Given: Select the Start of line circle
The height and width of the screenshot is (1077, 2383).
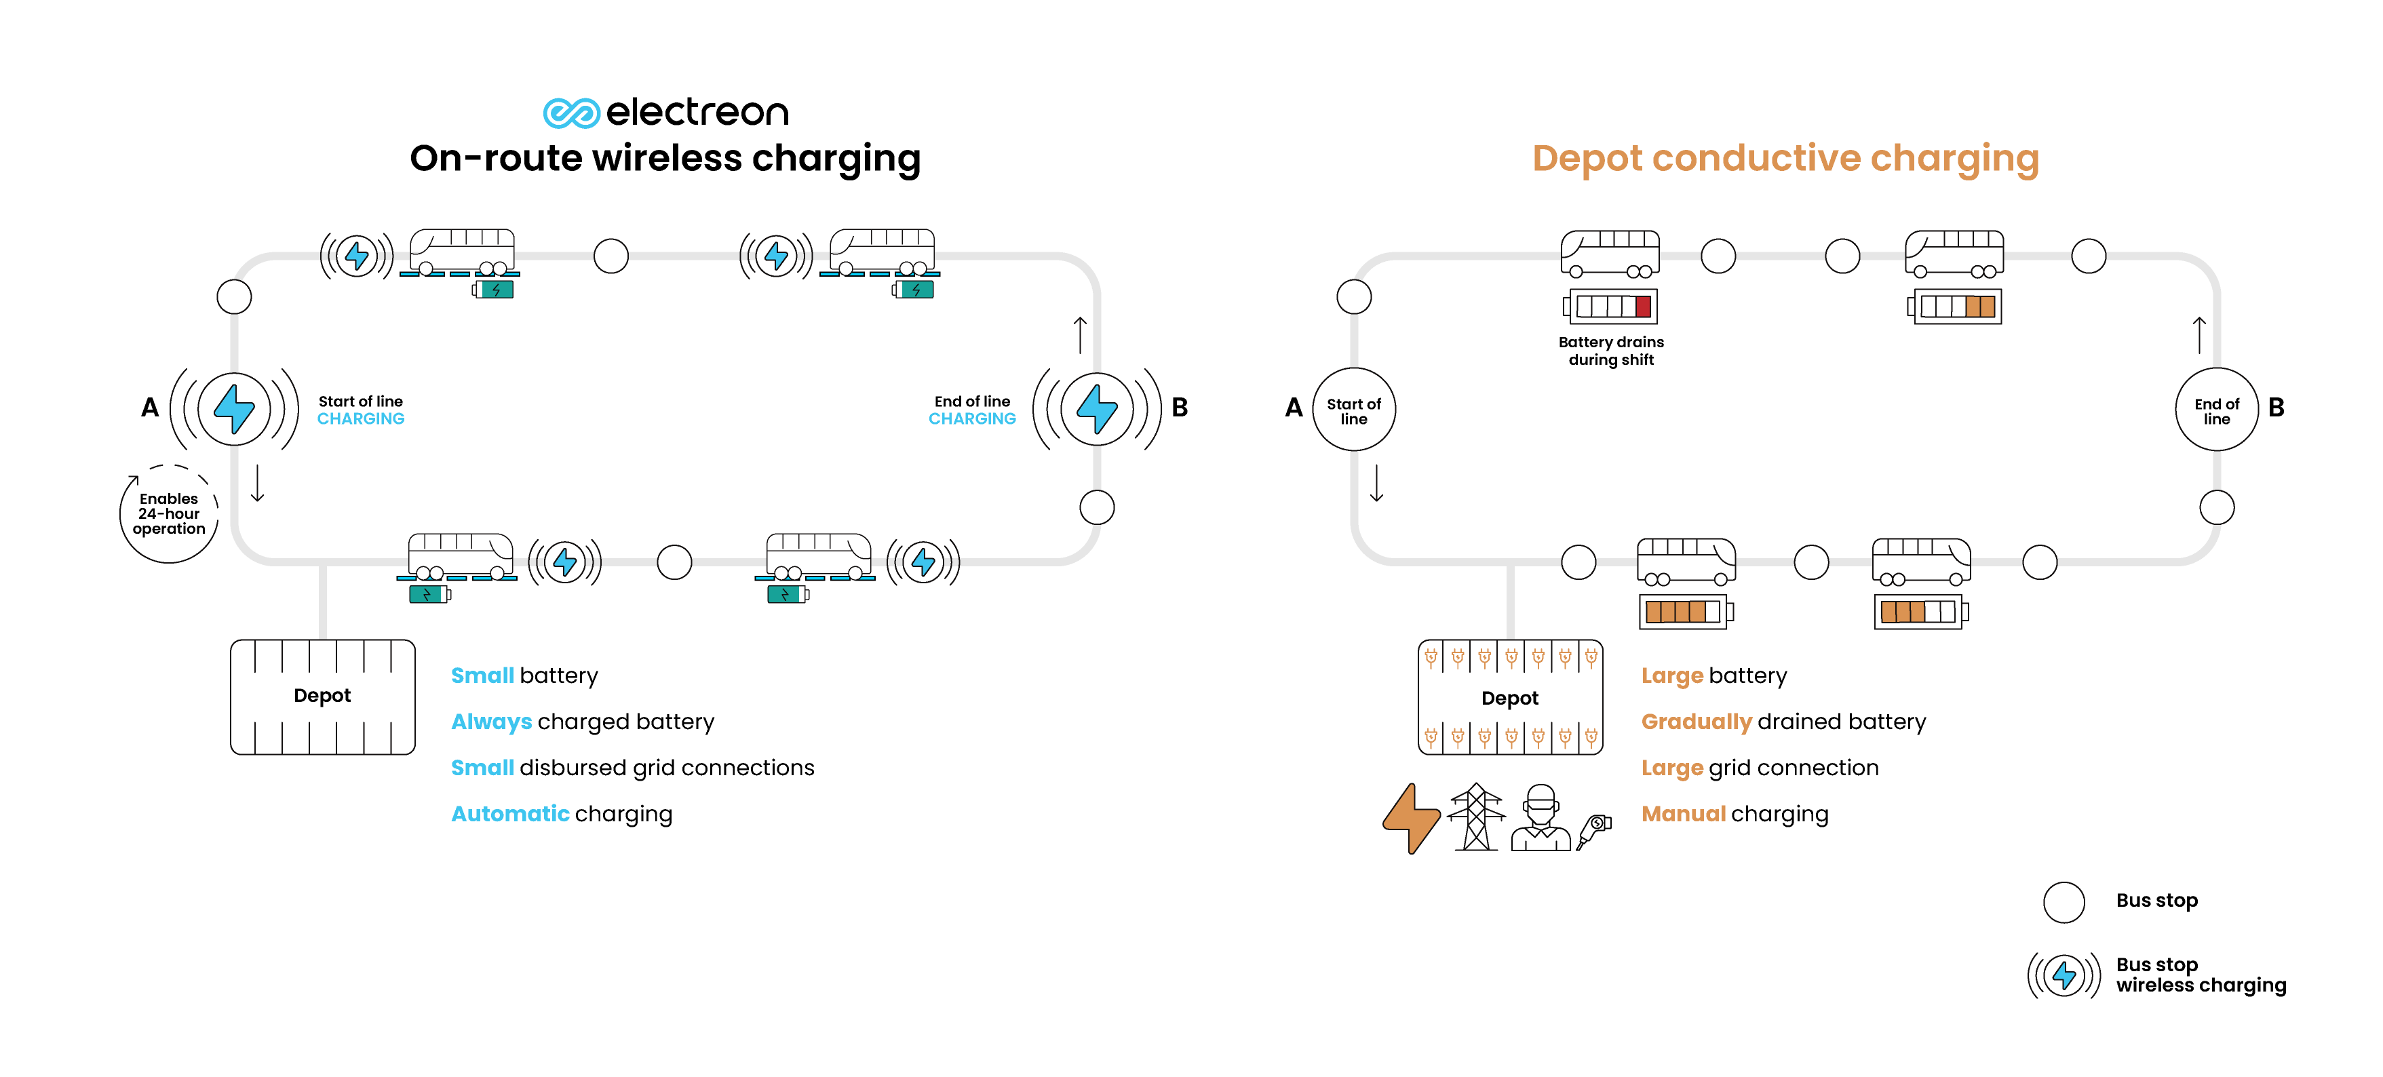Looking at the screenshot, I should [1353, 410].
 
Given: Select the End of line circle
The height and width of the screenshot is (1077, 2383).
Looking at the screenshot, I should [2217, 410].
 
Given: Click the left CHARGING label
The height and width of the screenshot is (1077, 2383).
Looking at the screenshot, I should [361, 418].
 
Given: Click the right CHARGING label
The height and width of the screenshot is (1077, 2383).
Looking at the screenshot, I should [971, 418].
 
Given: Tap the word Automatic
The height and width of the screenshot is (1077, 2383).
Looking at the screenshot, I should [509, 813].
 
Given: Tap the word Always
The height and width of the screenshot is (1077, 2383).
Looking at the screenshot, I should [491, 722].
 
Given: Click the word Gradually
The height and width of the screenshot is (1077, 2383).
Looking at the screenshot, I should [1696, 722].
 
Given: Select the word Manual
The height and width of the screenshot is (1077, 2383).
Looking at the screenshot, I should [1683, 813].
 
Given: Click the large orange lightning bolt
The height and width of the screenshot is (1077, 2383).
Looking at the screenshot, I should [1411, 818].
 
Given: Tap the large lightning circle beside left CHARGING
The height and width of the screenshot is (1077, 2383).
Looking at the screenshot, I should [234, 409].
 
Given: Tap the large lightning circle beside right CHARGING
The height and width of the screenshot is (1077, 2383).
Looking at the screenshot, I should [1097, 409].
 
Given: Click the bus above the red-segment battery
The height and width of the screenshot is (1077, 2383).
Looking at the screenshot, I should [1610, 252].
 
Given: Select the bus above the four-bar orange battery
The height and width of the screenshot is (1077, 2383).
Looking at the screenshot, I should [1686, 561].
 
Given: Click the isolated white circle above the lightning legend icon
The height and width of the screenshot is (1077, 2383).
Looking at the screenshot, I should [2063, 902].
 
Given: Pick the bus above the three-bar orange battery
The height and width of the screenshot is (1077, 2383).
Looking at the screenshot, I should [1920, 561].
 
